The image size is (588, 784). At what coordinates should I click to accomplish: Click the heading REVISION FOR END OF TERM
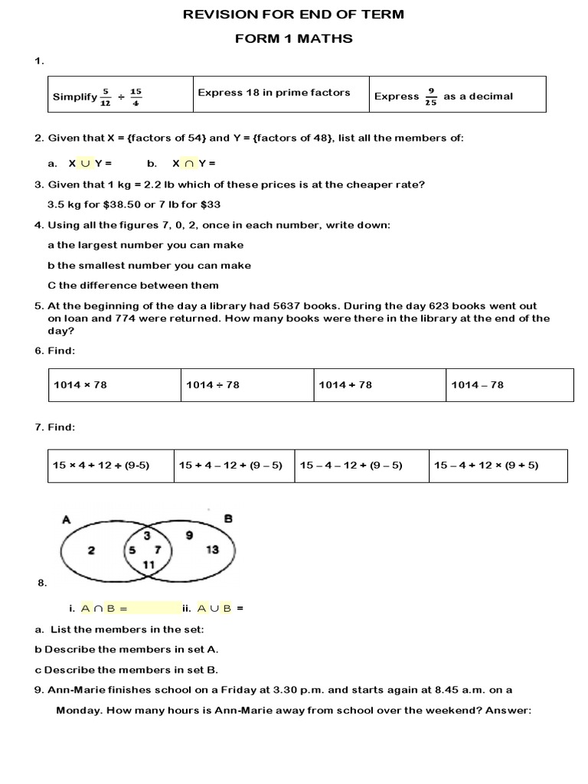[x=294, y=15]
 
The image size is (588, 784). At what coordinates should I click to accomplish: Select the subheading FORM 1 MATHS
[x=294, y=38]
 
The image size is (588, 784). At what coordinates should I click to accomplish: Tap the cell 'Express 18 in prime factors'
[x=273, y=93]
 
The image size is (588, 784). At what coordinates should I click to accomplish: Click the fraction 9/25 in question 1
[x=431, y=96]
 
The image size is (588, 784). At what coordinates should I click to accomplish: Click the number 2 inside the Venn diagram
[x=91, y=549]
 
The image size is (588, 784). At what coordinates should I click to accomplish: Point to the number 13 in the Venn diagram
[x=213, y=549]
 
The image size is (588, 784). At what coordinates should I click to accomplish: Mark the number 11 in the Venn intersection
[x=149, y=564]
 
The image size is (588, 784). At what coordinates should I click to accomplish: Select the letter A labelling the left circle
[x=66, y=520]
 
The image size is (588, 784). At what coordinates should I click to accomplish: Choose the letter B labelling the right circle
[x=227, y=518]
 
